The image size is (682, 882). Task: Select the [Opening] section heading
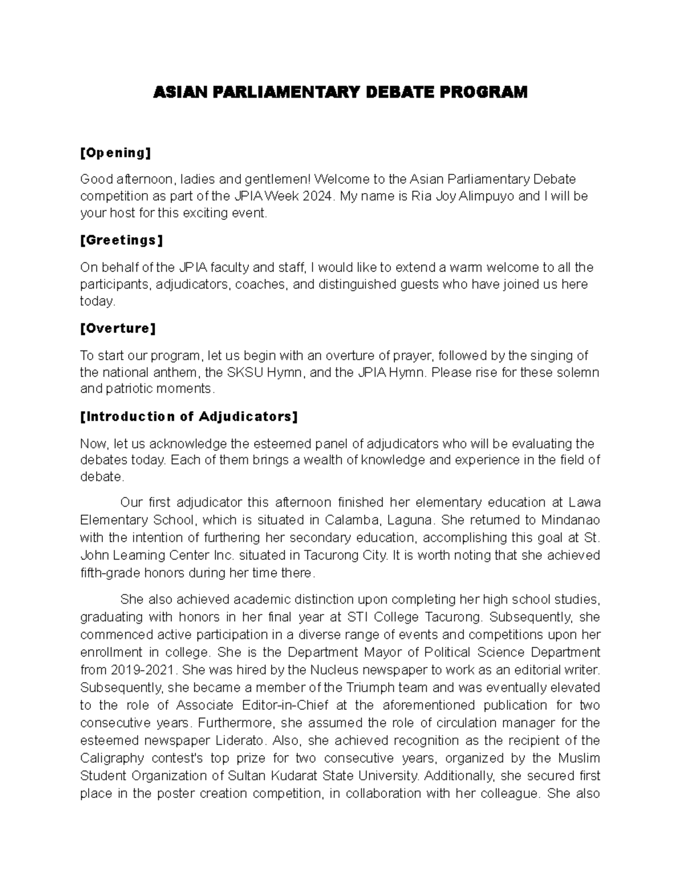click(115, 153)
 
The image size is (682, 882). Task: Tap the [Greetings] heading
click(121, 241)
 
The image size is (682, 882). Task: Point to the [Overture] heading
click(118, 329)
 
